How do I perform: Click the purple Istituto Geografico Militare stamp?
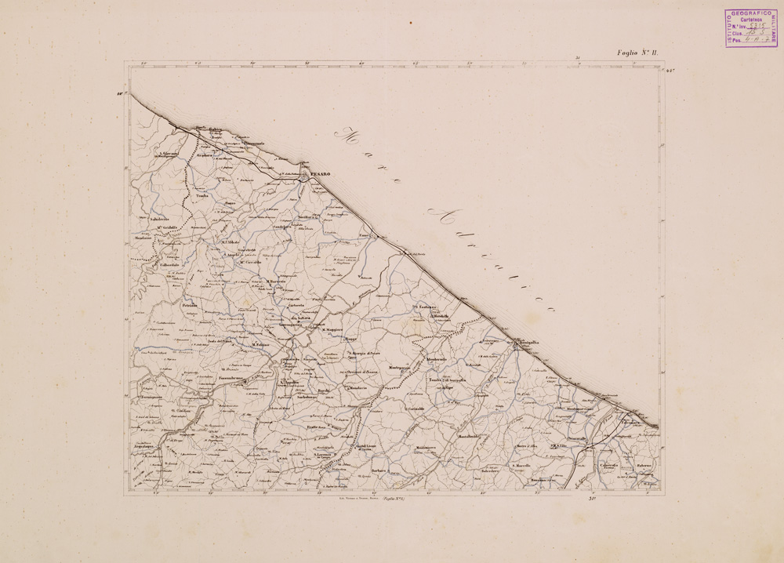(750, 27)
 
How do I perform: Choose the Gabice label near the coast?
(205, 130)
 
